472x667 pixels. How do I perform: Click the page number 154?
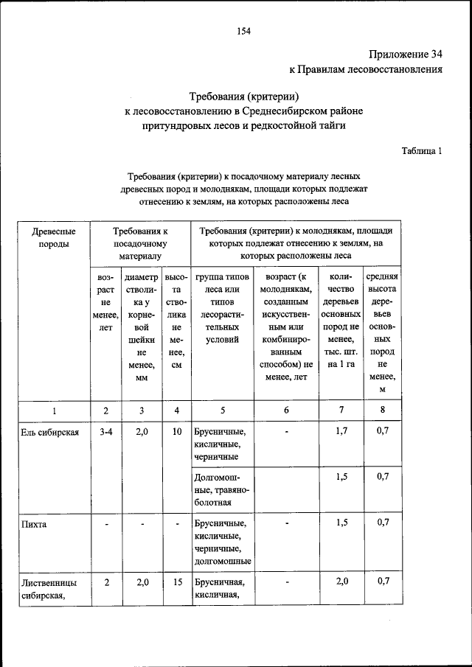244,30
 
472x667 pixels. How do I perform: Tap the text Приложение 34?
404,55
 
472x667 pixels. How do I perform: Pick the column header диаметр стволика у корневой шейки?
142,327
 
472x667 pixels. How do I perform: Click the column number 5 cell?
222,411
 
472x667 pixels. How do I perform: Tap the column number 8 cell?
382,411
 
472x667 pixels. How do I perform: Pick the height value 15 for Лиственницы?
176,582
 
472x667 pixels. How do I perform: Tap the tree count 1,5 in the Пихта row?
341,523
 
